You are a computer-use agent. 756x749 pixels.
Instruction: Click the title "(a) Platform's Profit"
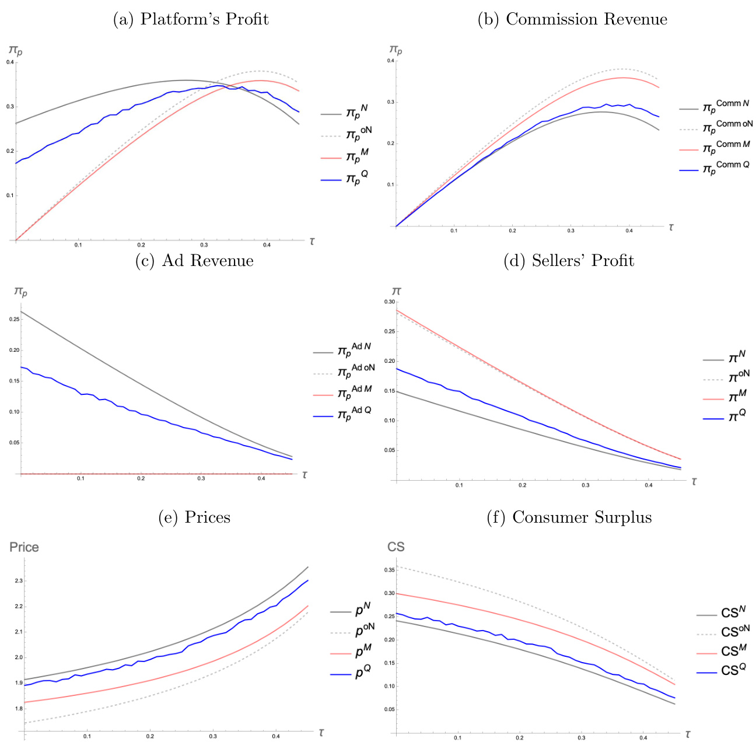point(190,19)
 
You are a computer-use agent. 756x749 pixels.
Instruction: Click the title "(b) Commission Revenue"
point(572,19)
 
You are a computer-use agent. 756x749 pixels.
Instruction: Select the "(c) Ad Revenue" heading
point(194,261)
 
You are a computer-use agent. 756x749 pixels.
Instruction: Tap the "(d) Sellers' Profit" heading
point(569,261)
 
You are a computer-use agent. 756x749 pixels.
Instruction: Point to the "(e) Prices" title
point(194,517)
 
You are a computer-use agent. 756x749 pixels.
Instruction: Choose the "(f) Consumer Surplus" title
point(569,517)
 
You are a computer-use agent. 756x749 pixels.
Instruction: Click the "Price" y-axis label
point(24,547)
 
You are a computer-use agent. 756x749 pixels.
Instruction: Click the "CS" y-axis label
point(396,547)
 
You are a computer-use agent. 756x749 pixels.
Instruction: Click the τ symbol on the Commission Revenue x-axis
point(671,228)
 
